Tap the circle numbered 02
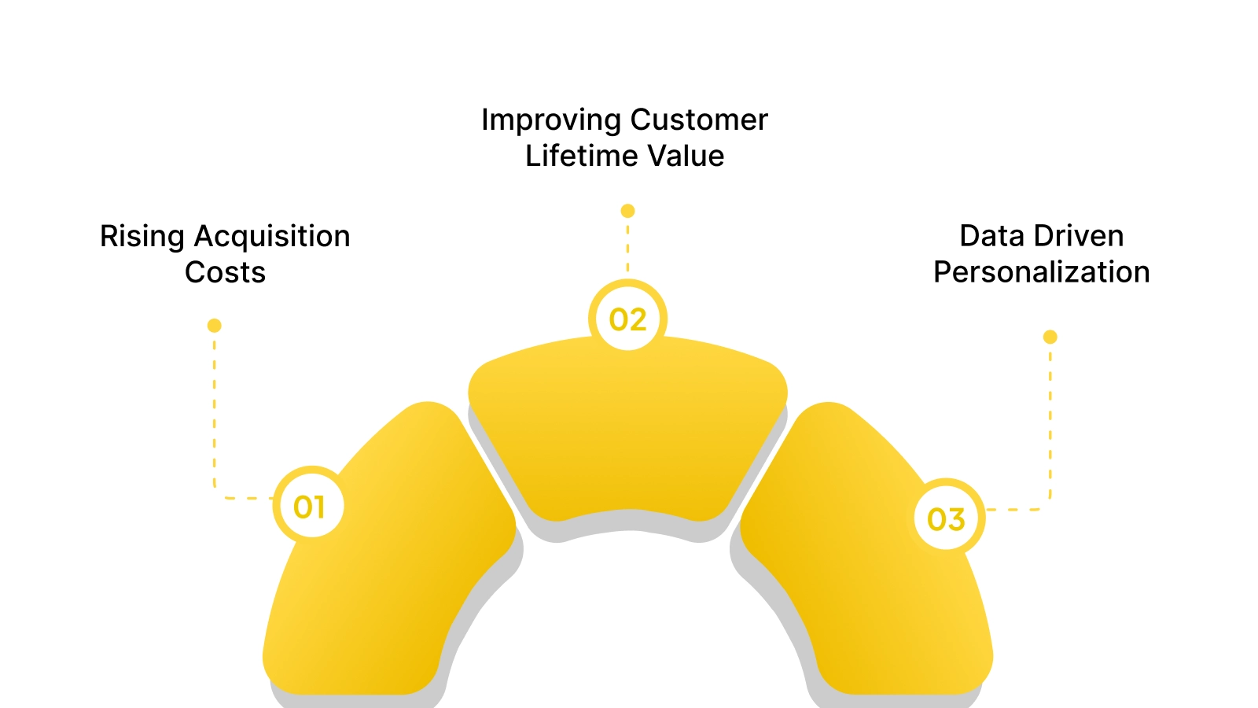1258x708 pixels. coord(627,319)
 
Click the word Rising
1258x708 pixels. coord(142,237)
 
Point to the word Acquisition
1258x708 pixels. coord(272,237)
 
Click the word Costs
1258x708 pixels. coord(225,272)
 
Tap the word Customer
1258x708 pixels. coord(699,120)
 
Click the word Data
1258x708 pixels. coord(991,236)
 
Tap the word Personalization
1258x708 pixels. coord(1041,272)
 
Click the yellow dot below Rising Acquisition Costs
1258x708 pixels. coord(214,326)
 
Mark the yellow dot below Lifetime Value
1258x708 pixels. coord(627,211)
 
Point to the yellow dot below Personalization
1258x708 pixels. coord(1050,337)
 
